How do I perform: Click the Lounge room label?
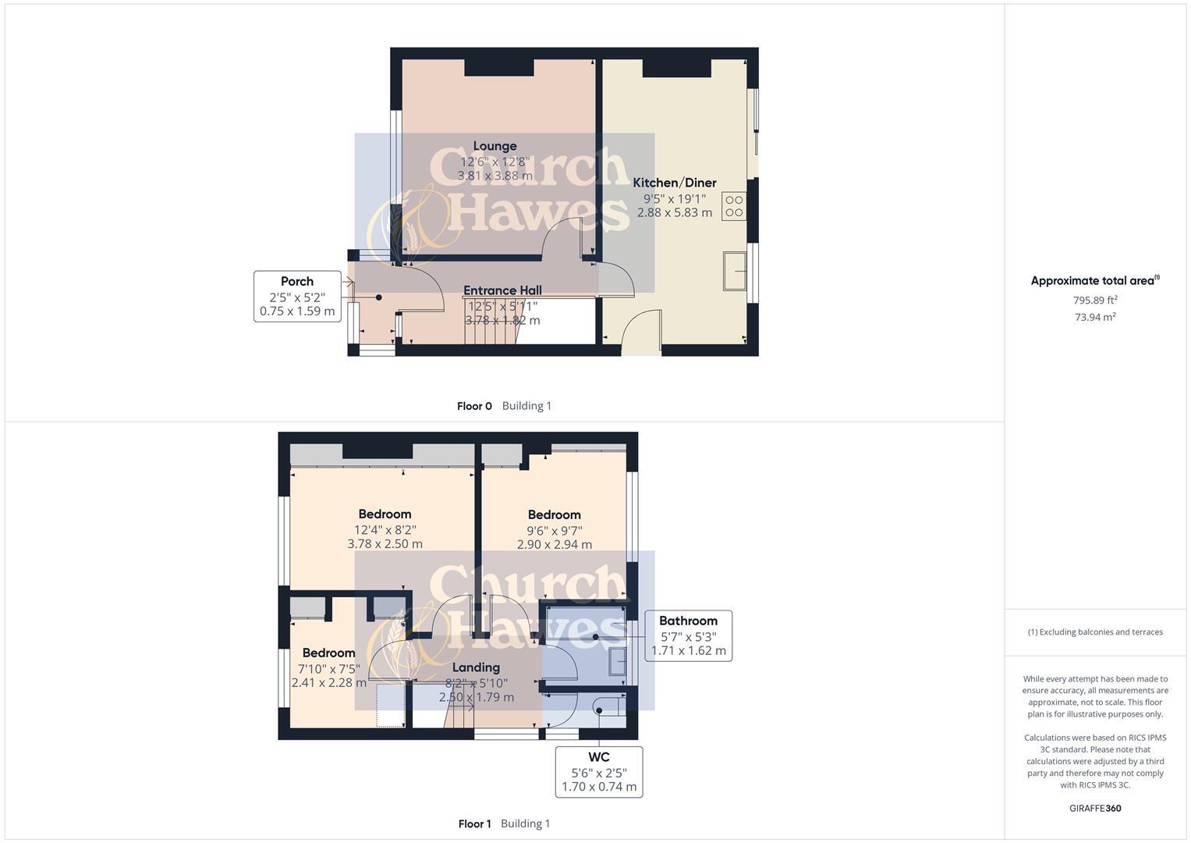click(494, 146)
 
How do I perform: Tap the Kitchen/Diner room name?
click(674, 183)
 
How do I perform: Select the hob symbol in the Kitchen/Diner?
click(734, 206)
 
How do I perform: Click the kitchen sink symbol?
click(735, 270)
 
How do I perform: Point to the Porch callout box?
click(297, 296)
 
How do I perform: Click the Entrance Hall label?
click(502, 290)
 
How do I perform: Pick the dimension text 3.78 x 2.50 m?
click(385, 544)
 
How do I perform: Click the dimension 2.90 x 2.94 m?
click(554, 545)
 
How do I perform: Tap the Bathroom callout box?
click(688, 635)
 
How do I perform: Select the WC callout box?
click(599, 772)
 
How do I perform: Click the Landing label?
click(476, 667)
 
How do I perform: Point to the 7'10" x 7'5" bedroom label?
click(328, 669)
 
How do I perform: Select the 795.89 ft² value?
click(1094, 300)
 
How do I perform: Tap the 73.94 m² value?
click(1094, 317)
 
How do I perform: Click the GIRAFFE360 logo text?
click(1096, 809)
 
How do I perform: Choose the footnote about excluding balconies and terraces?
click(1095, 632)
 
